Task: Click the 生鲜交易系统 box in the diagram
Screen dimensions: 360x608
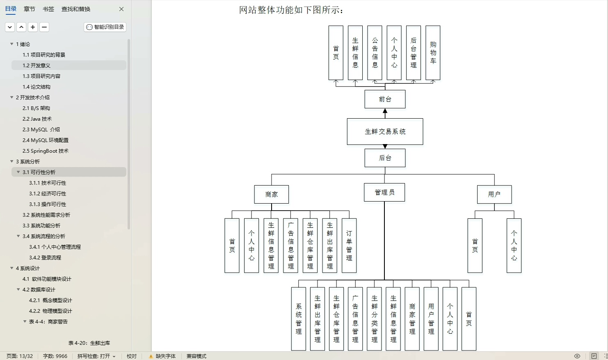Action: click(385, 132)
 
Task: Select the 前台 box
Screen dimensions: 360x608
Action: click(385, 99)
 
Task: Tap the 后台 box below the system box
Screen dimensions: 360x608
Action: click(385, 158)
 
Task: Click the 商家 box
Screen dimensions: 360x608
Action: click(271, 195)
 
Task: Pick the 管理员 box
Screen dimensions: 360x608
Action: click(384, 193)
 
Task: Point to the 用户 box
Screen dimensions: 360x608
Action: click(494, 195)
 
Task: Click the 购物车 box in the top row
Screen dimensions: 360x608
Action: click(433, 53)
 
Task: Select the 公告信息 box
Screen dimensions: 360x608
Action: click(375, 53)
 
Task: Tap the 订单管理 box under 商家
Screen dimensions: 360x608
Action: click(349, 245)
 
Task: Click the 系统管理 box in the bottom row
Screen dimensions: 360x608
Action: click(299, 319)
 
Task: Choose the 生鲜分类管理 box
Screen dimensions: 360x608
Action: click(375, 319)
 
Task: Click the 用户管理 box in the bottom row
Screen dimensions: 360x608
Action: click(431, 319)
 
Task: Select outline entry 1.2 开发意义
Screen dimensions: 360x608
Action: click(37, 66)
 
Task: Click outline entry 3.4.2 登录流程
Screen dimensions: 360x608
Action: click(45, 258)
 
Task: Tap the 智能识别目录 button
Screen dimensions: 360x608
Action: click(105, 27)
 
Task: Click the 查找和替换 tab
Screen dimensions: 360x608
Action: click(76, 9)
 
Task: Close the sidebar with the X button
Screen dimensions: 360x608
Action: click(121, 9)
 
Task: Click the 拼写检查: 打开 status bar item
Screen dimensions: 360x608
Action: click(96, 356)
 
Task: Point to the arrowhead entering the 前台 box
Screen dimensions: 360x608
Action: click(385, 111)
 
